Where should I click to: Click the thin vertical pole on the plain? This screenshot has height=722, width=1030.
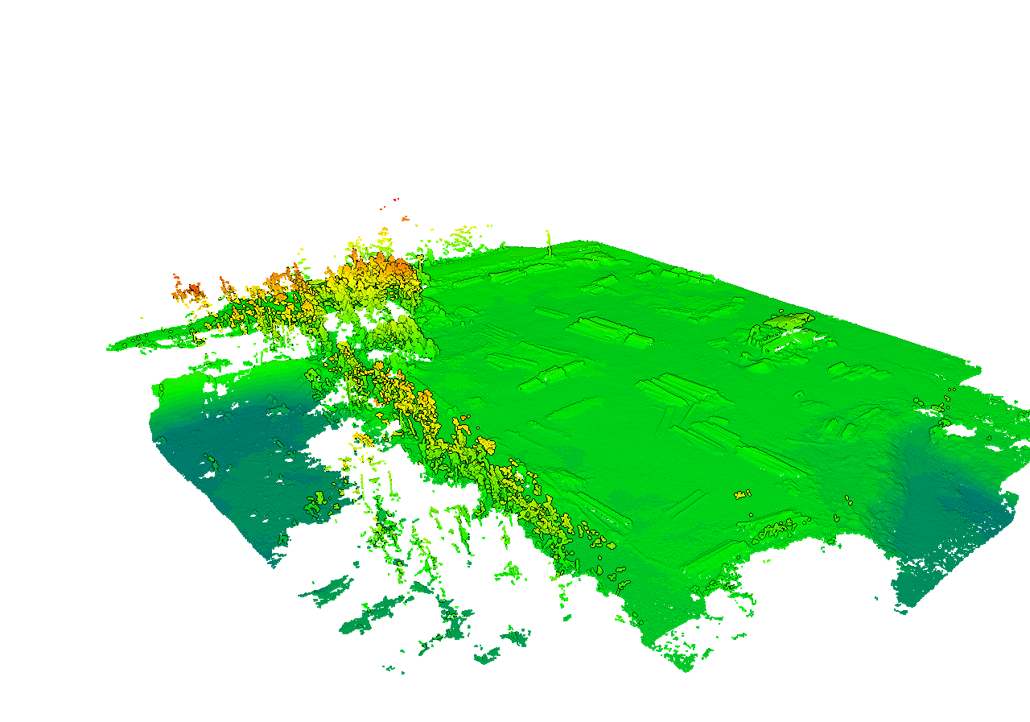[x=550, y=243]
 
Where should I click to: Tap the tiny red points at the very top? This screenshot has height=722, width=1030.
[x=395, y=199]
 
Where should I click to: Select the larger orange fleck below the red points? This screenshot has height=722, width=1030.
[x=405, y=218]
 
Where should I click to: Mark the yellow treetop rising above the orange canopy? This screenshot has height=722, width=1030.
[x=383, y=236]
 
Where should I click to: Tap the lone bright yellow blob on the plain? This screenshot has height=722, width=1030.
[x=742, y=493]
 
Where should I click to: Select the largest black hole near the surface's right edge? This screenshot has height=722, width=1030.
[x=958, y=430]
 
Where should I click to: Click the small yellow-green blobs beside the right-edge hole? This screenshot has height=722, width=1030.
[x=933, y=406]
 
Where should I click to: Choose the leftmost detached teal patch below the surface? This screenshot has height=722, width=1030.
[x=326, y=592]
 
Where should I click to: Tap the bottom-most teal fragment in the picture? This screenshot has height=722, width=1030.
[x=487, y=658]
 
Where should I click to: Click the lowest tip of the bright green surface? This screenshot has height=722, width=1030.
[x=685, y=667]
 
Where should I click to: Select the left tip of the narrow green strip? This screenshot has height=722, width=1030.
[x=110, y=349]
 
